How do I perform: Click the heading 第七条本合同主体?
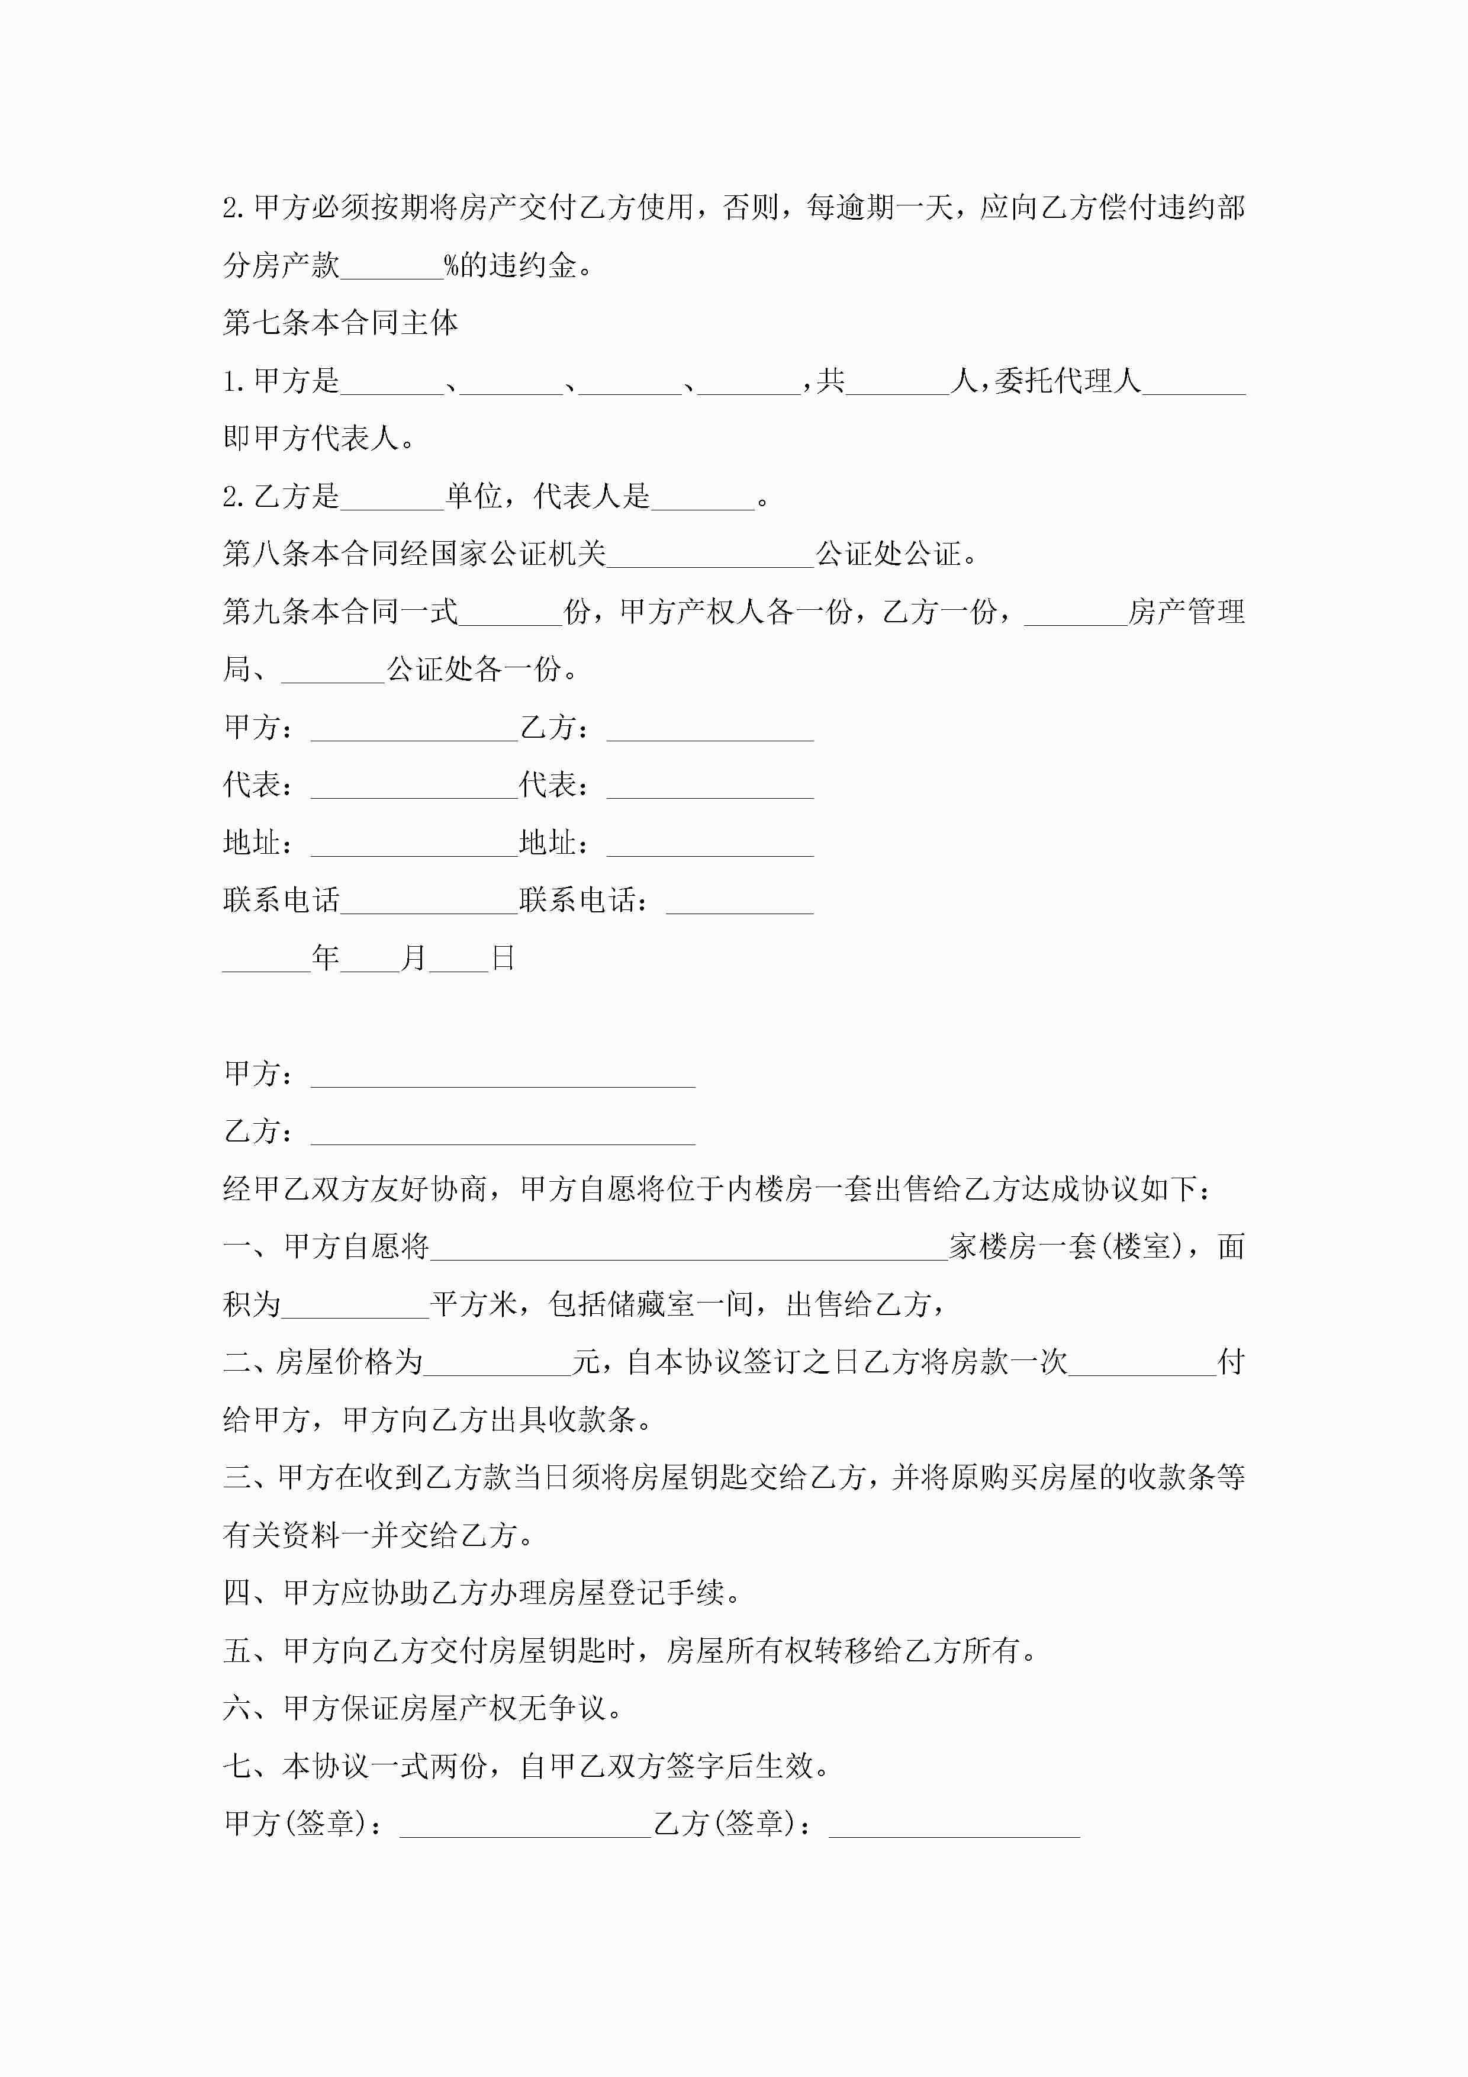point(340,323)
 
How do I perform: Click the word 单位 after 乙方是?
point(474,496)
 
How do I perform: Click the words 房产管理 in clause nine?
point(1187,612)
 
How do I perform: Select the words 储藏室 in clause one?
point(651,1304)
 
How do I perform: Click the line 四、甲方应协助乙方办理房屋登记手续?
point(481,1593)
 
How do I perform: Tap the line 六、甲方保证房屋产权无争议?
point(423,1708)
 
